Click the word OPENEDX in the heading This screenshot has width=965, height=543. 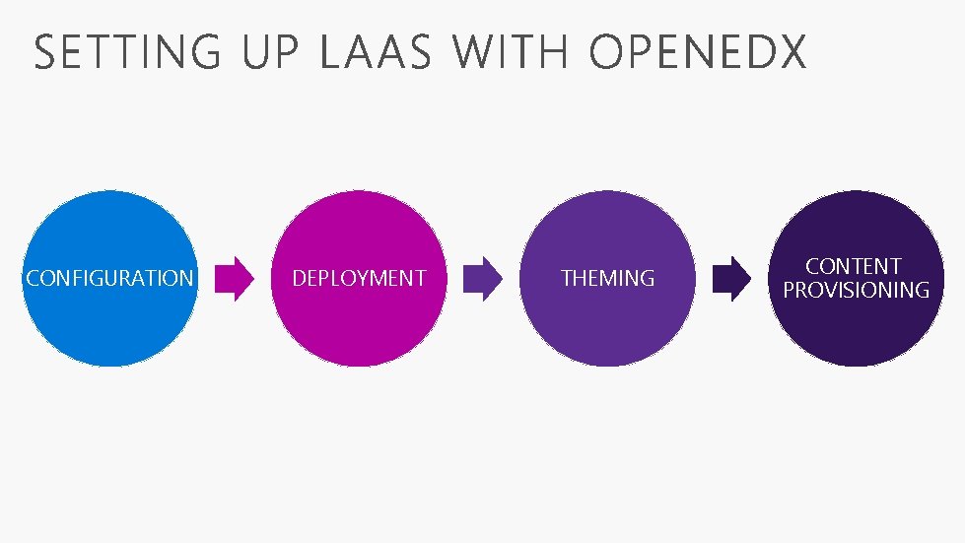pyautogui.click(x=698, y=52)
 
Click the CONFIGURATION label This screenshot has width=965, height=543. pyautogui.click(x=109, y=279)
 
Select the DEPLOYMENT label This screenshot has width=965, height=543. pyautogui.click(x=359, y=279)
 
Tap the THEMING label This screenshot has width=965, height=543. pyautogui.click(x=607, y=279)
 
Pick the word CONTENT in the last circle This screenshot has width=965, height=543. pyautogui.click(x=854, y=266)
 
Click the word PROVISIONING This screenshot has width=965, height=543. pyautogui.click(x=856, y=290)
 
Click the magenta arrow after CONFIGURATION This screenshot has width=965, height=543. pyautogui.click(x=235, y=279)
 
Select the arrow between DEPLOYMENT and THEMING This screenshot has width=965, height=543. pyautogui.click(x=483, y=279)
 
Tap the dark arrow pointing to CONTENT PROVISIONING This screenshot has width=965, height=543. pyautogui.click(x=731, y=279)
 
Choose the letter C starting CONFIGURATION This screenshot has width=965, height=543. pyautogui.click(x=33, y=279)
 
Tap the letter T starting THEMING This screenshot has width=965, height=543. pyautogui.click(x=567, y=279)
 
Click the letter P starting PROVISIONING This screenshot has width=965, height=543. pyautogui.click(x=790, y=290)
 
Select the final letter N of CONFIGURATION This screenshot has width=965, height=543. pyautogui.click(x=186, y=279)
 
